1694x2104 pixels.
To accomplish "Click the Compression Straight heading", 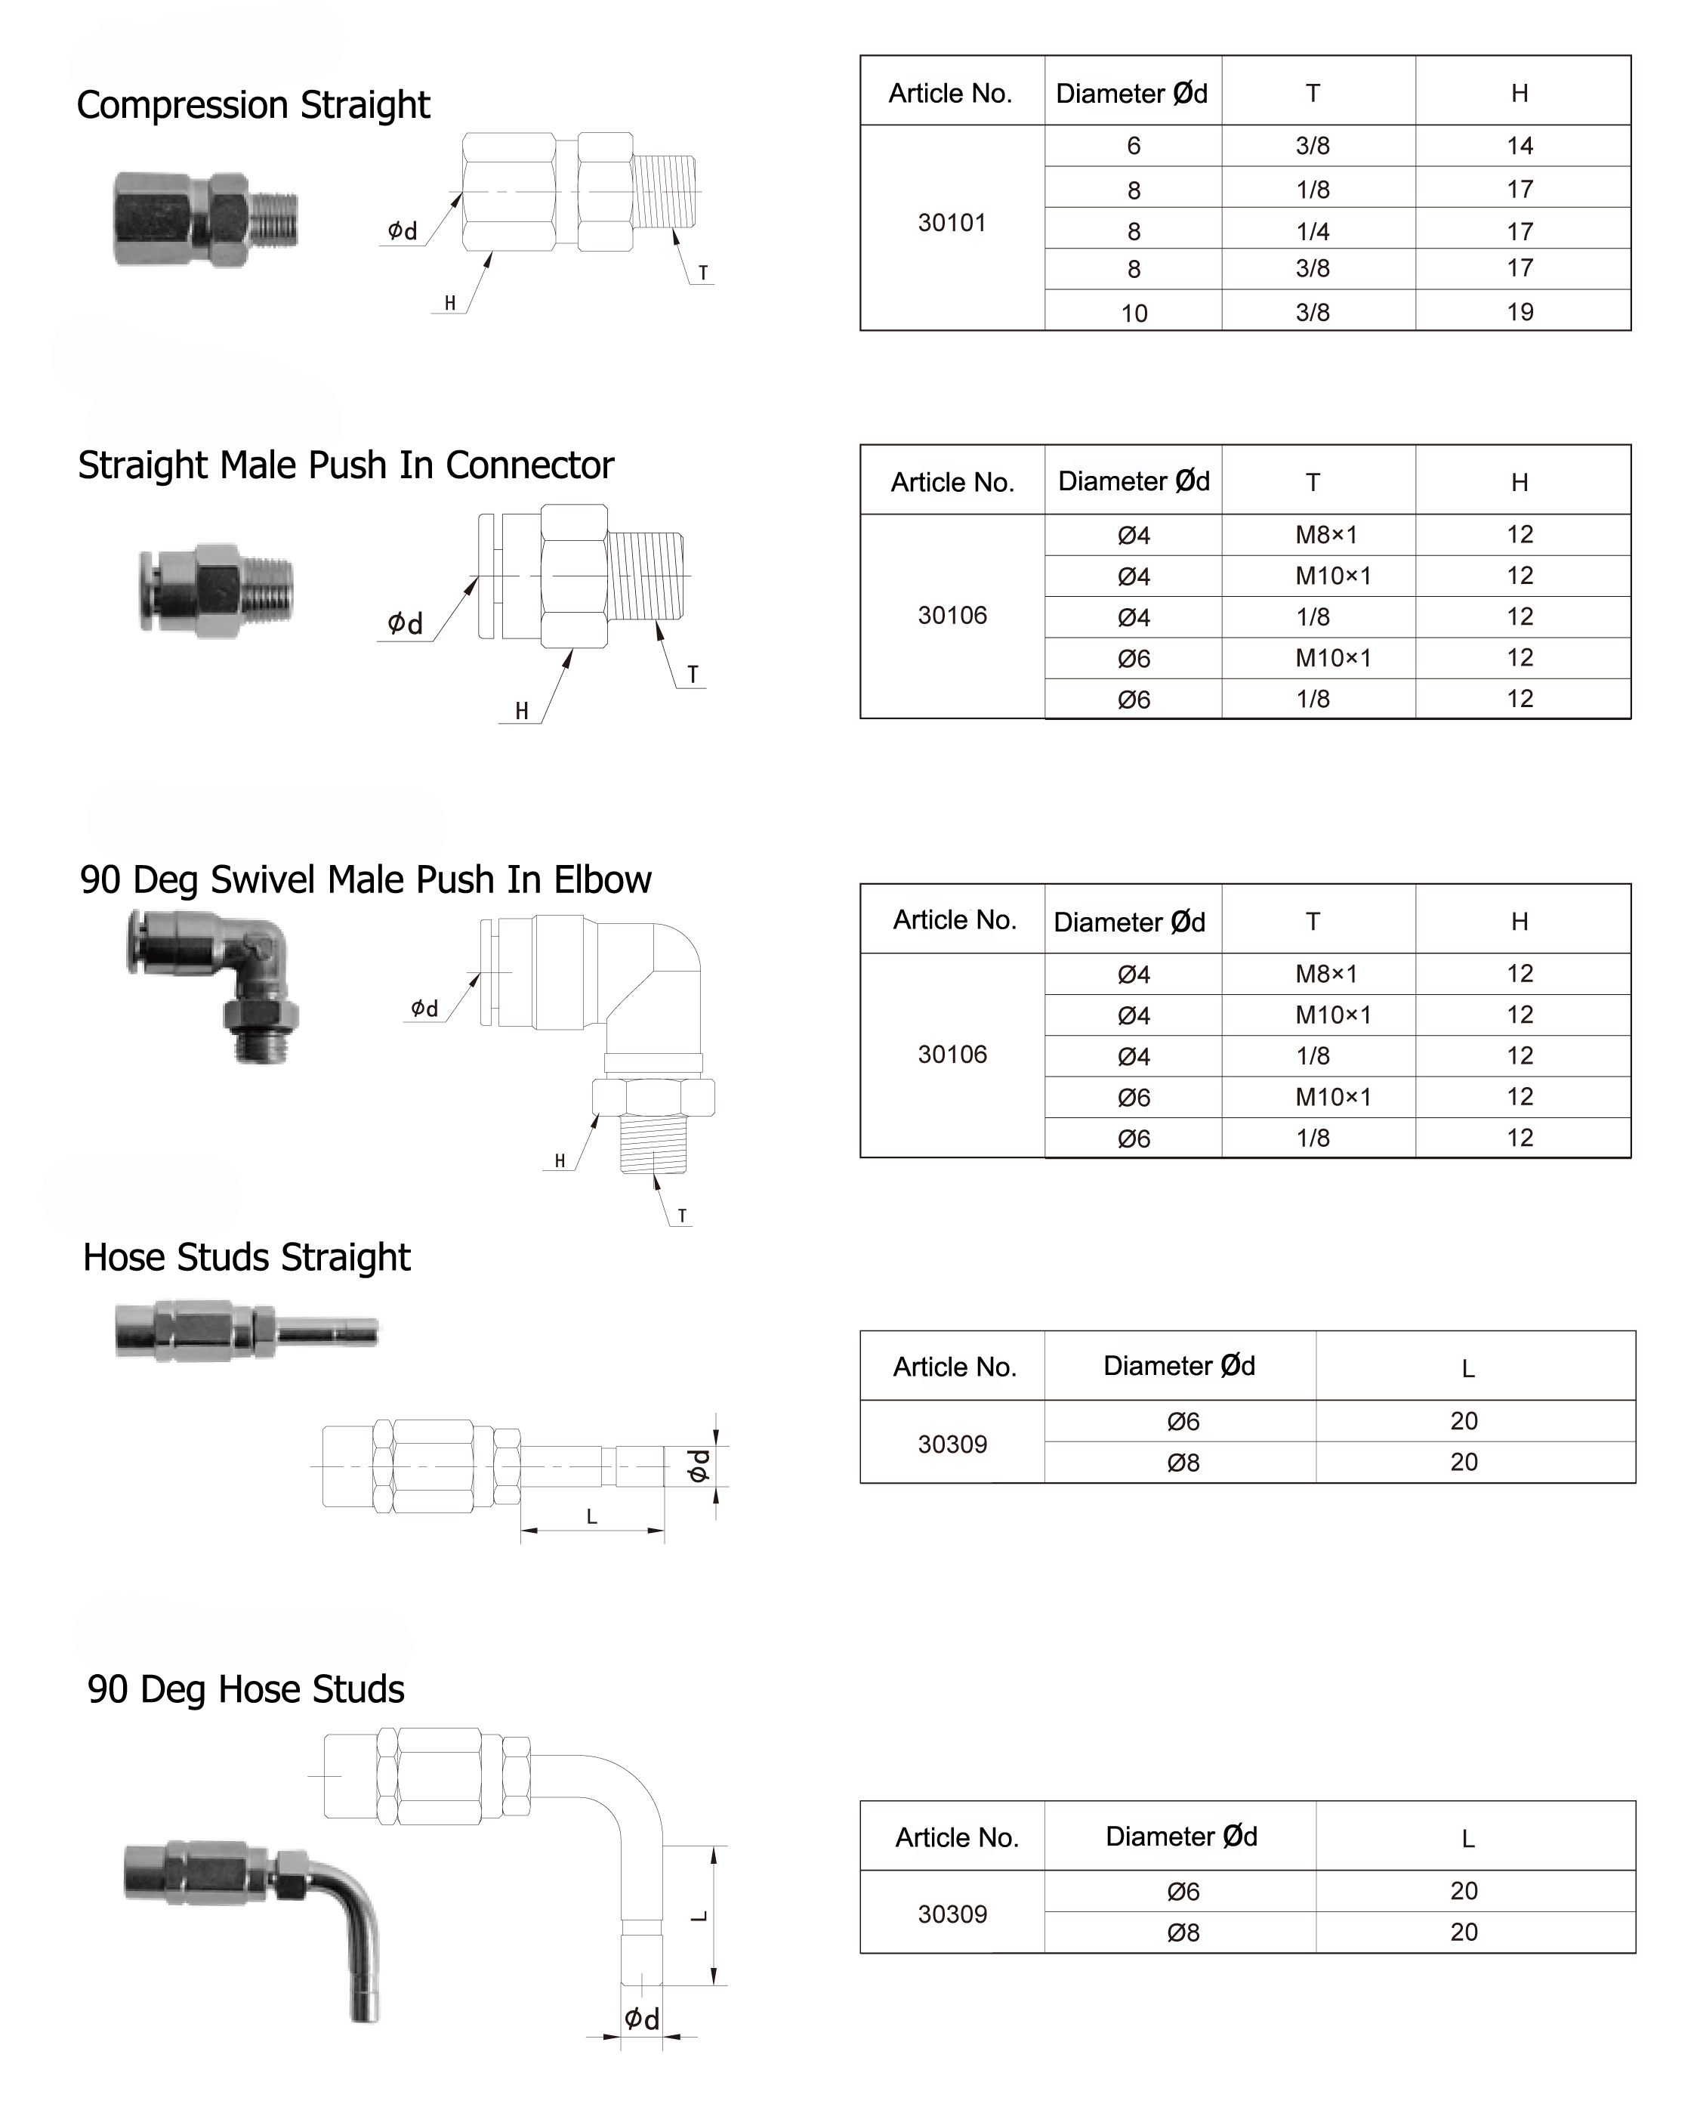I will (x=253, y=104).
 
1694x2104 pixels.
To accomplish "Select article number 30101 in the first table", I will (x=952, y=223).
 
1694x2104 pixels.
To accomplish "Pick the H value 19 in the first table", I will (x=1520, y=312).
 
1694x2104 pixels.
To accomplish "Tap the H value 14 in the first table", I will (x=1520, y=147).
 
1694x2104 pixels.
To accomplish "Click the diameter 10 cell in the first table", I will (x=1134, y=314).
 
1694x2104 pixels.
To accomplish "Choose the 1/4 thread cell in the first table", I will (x=1313, y=231).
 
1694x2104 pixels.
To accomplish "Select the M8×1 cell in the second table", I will (x=1326, y=535).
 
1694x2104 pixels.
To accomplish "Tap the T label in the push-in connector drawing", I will (x=692, y=675).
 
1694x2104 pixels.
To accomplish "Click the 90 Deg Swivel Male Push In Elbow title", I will (x=365, y=880).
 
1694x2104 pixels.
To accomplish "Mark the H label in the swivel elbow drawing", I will (x=559, y=1160).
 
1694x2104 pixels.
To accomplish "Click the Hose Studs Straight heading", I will (x=246, y=1258).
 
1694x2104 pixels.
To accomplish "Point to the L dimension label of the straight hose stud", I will (x=591, y=1516).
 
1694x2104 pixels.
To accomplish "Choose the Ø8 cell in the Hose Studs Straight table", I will (x=1183, y=1463).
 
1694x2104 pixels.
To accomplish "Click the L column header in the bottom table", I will (x=1467, y=1839).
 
